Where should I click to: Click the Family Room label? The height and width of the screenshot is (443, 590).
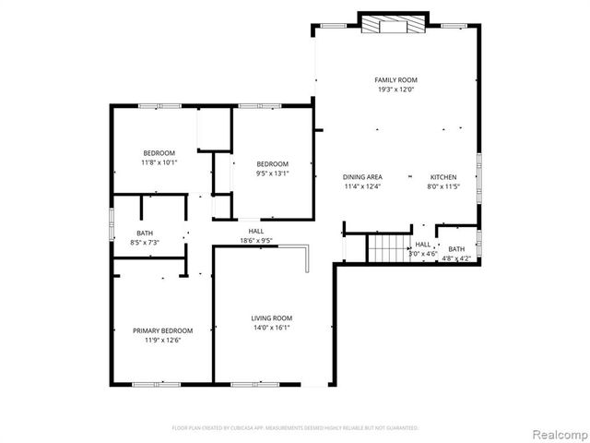click(x=395, y=81)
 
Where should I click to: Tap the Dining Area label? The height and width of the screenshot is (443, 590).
click(x=362, y=176)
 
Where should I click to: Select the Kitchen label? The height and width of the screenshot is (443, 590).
click(x=443, y=176)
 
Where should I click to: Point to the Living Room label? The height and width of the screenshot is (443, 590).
click(x=272, y=318)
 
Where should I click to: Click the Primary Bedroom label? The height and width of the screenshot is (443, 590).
click(x=163, y=330)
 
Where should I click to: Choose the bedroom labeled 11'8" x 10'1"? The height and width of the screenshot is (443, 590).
click(x=159, y=152)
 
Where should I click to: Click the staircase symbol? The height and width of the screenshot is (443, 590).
click(x=388, y=247)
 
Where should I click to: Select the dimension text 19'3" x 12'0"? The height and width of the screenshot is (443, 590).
click(x=395, y=90)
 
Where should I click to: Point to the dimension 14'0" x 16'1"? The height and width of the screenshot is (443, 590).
click(x=272, y=328)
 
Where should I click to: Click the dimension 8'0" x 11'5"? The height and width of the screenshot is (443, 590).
click(x=443, y=186)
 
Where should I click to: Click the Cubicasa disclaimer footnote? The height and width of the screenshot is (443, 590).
click(x=295, y=428)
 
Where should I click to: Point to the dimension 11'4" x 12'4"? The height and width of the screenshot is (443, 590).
click(x=362, y=186)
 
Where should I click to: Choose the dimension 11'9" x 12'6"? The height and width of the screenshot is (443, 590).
click(x=163, y=341)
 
